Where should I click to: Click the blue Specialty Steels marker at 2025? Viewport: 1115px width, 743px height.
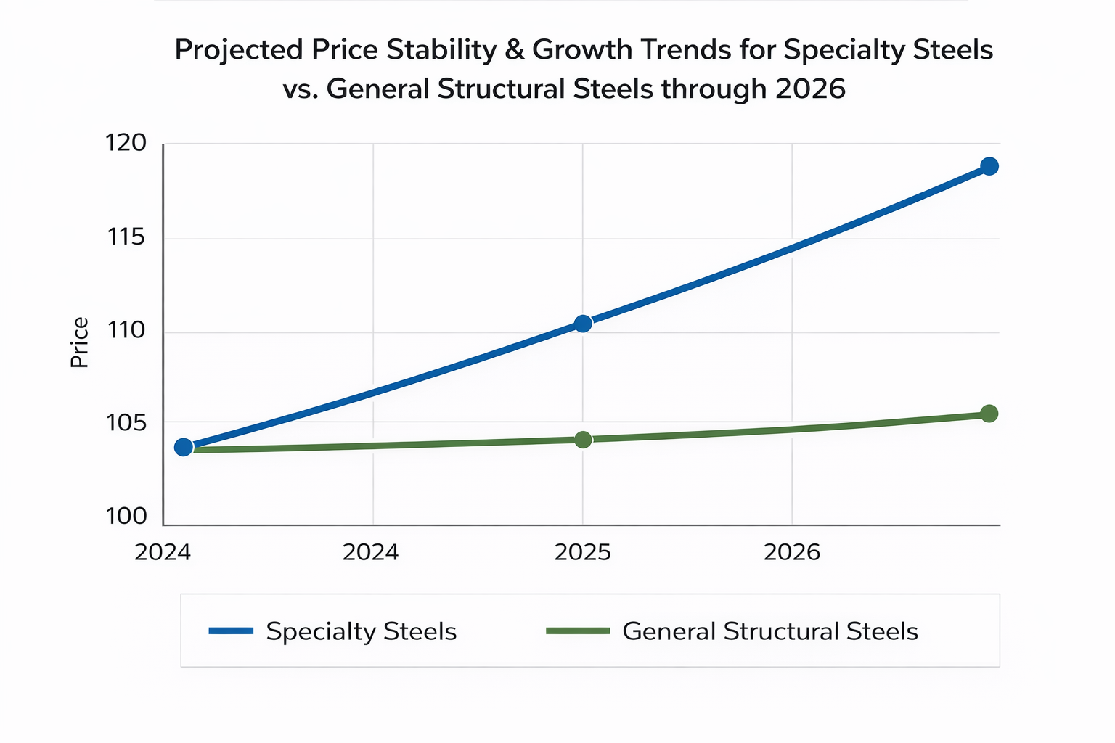(583, 324)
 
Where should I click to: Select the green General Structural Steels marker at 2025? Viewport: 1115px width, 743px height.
(583, 440)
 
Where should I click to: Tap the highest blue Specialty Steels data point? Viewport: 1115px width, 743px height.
(989, 166)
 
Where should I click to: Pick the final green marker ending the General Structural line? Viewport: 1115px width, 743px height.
(989, 414)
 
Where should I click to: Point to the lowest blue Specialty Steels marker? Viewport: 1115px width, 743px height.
(184, 447)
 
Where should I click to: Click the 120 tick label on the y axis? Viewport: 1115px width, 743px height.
(126, 144)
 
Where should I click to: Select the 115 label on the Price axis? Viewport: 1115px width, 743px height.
(126, 237)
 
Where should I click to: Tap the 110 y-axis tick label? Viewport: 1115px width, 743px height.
(126, 331)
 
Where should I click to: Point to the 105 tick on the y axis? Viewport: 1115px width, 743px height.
(126, 422)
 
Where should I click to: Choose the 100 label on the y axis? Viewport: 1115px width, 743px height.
(126, 517)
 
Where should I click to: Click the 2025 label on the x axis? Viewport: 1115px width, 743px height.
(582, 553)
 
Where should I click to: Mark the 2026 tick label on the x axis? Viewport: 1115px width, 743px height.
(792, 553)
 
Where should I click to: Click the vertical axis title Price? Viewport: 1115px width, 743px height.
(80, 342)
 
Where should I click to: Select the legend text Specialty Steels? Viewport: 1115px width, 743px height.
(361, 631)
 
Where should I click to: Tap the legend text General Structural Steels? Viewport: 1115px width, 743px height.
(770, 631)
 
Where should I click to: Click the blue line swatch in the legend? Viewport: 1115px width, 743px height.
(231, 631)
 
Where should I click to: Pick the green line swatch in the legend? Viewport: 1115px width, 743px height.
(578, 631)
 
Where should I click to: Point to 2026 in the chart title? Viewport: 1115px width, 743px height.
(810, 89)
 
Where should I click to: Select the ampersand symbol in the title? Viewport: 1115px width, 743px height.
(510, 50)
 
